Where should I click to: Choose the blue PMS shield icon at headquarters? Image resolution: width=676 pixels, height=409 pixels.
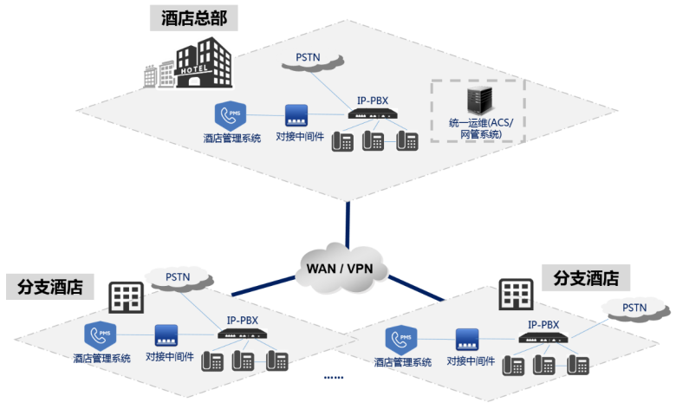click(x=231, y=116)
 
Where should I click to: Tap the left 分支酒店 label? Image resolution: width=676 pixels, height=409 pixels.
click(x=50, y=287)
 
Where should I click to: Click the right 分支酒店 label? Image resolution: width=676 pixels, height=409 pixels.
click(x=586, y=278)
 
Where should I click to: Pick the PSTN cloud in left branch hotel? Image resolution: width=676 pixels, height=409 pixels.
click(x=178, y=277)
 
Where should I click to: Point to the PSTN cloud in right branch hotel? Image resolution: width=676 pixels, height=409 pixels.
click(x=634, y=308)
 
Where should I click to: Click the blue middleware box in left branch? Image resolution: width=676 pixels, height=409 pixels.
click(x=166, y=335)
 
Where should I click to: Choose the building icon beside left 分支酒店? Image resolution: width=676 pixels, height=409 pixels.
click(x=125, y=297)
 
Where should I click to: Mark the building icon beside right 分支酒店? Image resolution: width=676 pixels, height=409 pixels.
click(x=515, y=295)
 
